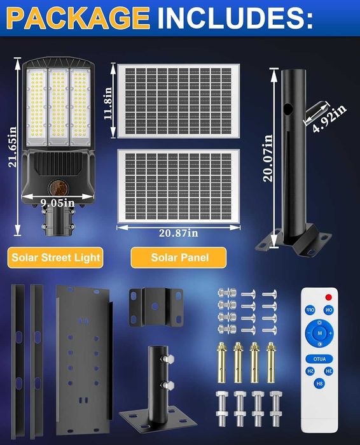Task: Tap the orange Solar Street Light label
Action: [55, 258]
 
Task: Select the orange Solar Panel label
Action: [179, 258]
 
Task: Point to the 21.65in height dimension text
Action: [12, 146]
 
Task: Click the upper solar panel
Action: [178, 100]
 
